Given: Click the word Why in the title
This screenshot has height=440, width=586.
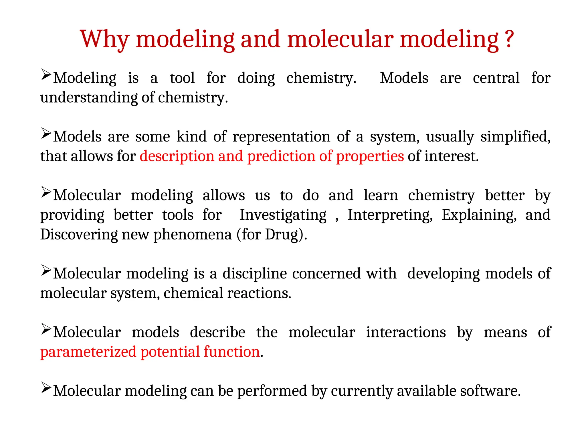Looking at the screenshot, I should tap(105, 39).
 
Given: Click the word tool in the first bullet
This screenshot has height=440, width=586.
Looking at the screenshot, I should tap(182, 78).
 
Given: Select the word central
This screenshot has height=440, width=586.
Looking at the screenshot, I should tap(496, 78).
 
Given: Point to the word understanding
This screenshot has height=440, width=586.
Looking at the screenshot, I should tap(89, 98).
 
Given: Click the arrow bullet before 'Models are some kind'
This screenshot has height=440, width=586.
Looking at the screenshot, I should tap(46, 133).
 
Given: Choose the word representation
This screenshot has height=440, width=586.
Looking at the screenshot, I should tap(281, 137).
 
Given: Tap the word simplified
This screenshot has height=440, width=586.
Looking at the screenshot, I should tap(515, 137).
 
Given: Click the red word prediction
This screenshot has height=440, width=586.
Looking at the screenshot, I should tap(281, 156).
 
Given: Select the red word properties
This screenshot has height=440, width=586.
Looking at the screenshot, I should tap(370, 156).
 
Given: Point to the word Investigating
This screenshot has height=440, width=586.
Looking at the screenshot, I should tap(283, 215).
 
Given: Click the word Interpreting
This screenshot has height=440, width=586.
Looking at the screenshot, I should tap(390, 215).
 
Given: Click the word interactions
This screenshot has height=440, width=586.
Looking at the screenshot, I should tap(406, 332).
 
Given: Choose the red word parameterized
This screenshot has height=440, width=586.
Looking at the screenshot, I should tap(88, 352).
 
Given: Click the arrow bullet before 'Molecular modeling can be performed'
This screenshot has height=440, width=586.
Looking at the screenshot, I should tap(46, 388).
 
